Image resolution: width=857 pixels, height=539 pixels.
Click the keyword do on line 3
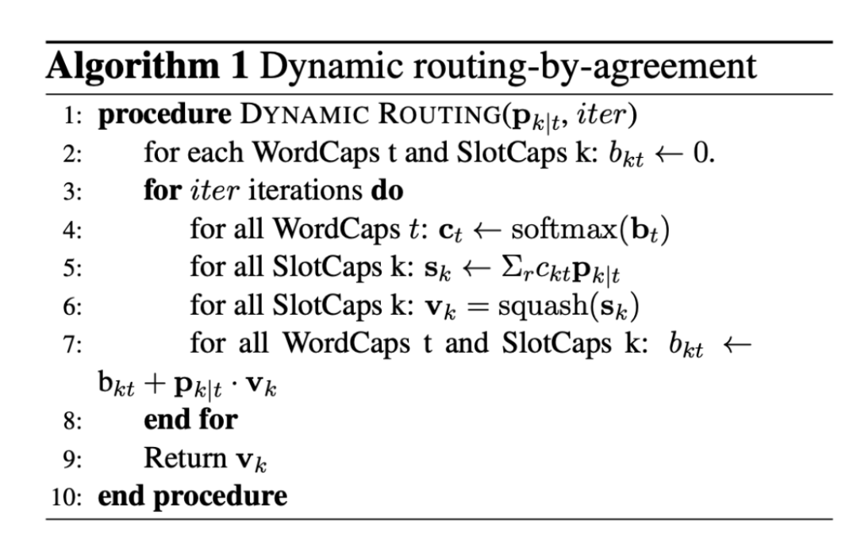click(386, 191)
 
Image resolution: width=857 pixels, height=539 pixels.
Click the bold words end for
click(190, 419)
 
